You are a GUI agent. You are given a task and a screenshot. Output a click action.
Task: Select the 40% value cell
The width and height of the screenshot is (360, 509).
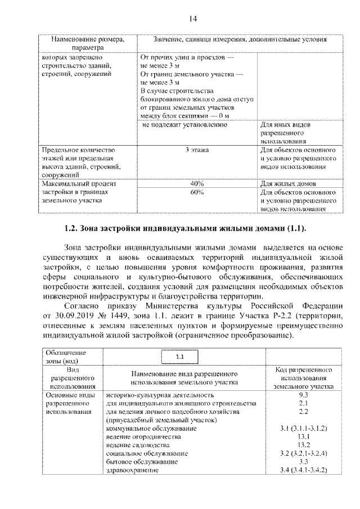[196, 184]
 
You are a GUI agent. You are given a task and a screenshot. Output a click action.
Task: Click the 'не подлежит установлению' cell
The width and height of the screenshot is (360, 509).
[188, 125]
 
